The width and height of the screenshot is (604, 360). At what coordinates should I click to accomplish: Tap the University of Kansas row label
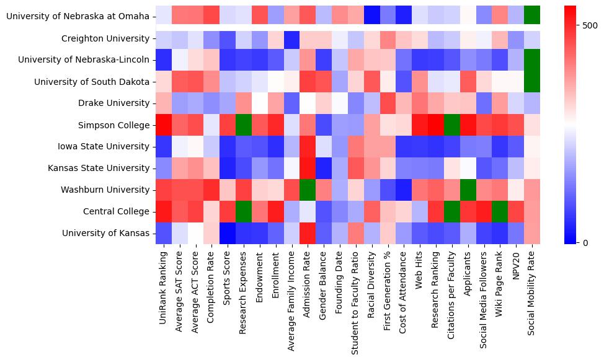105,233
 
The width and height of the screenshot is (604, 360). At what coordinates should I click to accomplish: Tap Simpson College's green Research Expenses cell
244,125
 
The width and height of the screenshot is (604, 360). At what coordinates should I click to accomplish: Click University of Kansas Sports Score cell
228,233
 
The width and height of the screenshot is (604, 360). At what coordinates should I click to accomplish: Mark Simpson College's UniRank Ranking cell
164,125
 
